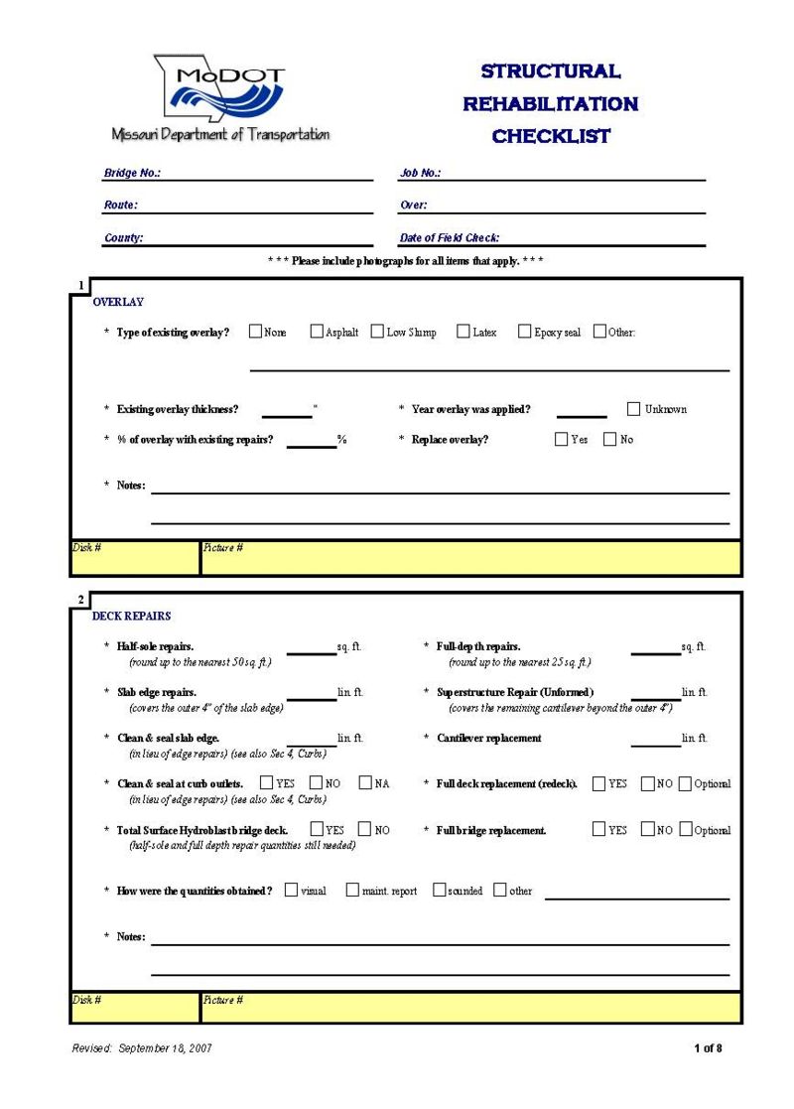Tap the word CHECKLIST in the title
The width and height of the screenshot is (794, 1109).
point(551,136)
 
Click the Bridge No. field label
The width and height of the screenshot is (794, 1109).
point(132,173)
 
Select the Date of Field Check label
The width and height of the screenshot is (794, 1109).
point(449,238)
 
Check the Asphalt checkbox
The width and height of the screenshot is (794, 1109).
point(317,332)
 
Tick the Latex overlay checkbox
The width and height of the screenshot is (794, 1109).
point(463,332)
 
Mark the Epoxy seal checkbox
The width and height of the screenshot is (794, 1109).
point(524,332)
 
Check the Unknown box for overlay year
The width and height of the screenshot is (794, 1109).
point(634,408)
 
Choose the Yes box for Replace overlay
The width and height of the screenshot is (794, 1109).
point(562,439)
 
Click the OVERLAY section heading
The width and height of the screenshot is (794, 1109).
point(118,302)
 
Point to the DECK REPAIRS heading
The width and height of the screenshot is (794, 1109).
point(131,616)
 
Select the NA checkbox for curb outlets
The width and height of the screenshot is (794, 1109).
point(365,783)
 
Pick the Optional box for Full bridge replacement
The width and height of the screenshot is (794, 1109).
point(685,829)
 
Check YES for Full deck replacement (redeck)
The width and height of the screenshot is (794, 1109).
point(598,783)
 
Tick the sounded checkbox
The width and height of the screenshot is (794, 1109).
point(439,891)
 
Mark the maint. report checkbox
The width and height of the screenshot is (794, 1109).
point(352,891)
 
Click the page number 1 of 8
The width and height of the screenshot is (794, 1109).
point(708,1047)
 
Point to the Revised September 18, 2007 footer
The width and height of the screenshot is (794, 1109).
point(142,1047)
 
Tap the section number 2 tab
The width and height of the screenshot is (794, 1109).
point(80,599)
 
